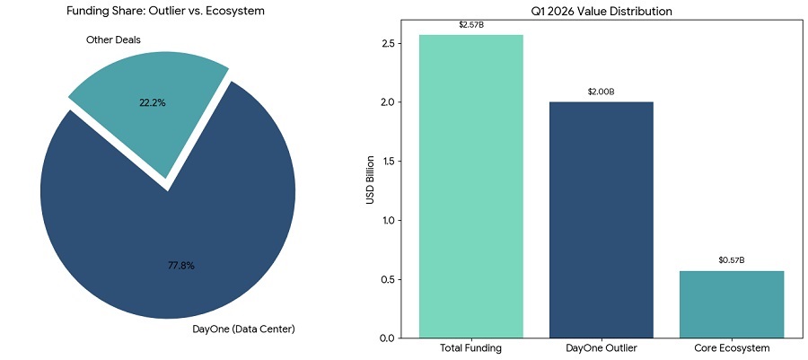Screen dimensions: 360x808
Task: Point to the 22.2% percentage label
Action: coord(153,102)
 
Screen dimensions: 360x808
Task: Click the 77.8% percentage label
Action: coord(180,266)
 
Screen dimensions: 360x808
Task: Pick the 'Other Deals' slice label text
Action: coord(113,40)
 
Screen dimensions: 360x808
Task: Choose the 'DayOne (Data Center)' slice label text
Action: coord(243,329)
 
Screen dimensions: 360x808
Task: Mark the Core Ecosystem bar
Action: coord(732,304)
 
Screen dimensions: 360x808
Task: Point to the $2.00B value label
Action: coord(602,92)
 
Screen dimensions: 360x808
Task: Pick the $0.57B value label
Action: coord(732,260)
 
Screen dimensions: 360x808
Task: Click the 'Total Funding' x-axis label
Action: coord(471,347)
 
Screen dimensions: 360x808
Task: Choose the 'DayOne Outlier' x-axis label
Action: coord(602,347)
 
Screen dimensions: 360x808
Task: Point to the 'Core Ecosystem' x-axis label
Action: coord(732,347)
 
